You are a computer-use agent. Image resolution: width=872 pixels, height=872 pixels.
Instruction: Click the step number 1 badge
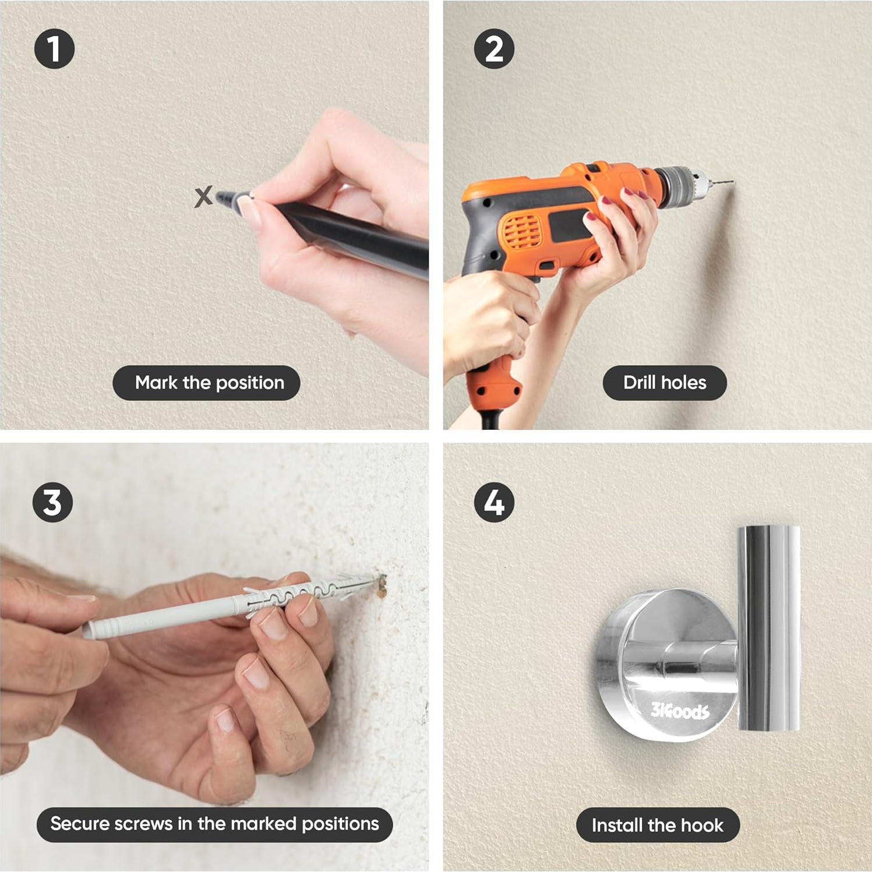coord(54,49)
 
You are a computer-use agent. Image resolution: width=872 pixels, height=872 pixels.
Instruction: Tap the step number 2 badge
coord(494,49)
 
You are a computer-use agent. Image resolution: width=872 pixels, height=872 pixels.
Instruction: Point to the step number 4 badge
coord(494,502)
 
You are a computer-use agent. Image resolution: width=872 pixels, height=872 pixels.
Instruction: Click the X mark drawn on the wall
coord(203,197)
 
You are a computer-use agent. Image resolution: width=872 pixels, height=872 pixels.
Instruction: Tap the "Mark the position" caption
coord(206,383)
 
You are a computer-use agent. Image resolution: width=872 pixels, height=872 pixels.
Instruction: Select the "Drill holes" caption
coord(665,383)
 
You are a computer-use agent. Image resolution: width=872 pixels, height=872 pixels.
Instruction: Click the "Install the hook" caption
coord(658,825)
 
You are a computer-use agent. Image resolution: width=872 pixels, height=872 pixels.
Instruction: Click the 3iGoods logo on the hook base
coord(680,711)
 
